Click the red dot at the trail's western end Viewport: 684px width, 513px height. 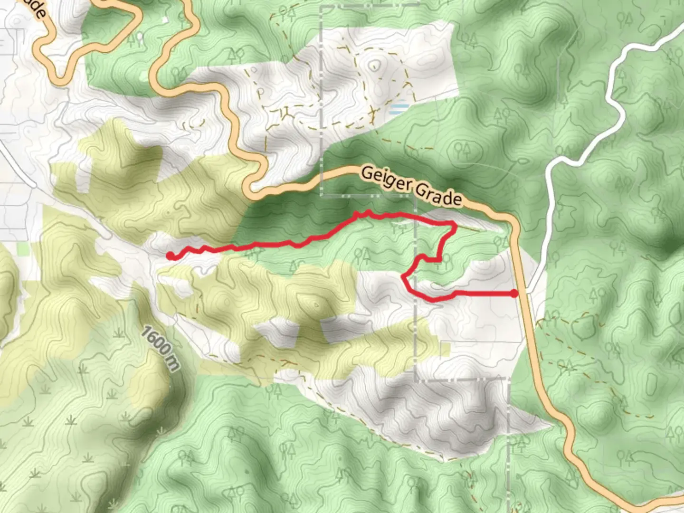click(170, 256)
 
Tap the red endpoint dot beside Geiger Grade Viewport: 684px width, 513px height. click(514, 294)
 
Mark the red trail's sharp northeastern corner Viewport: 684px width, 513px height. click(455, 228)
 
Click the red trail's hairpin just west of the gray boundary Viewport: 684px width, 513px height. click(404, 277)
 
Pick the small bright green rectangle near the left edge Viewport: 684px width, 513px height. click(22, 248)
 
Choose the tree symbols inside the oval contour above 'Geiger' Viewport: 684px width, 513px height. click(462, 150)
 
